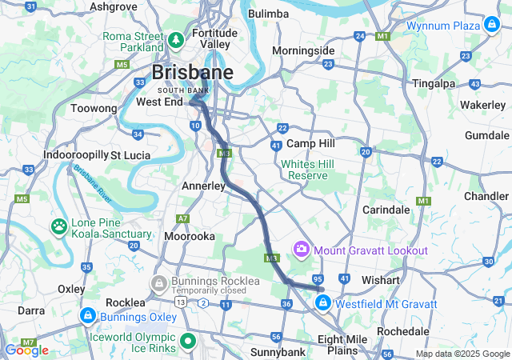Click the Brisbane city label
tap(192, 73)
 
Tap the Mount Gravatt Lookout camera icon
tap(302, 250)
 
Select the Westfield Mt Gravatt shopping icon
tap(323, 303)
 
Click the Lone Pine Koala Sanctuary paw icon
tap(60, 226)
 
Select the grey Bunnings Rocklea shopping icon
tap(159, 282)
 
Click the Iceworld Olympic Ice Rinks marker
tap(189, 342)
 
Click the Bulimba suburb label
tap(269, 14)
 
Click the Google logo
tap(26, 350)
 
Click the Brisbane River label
tap(94, 182)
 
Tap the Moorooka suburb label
tap(190, 237)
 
